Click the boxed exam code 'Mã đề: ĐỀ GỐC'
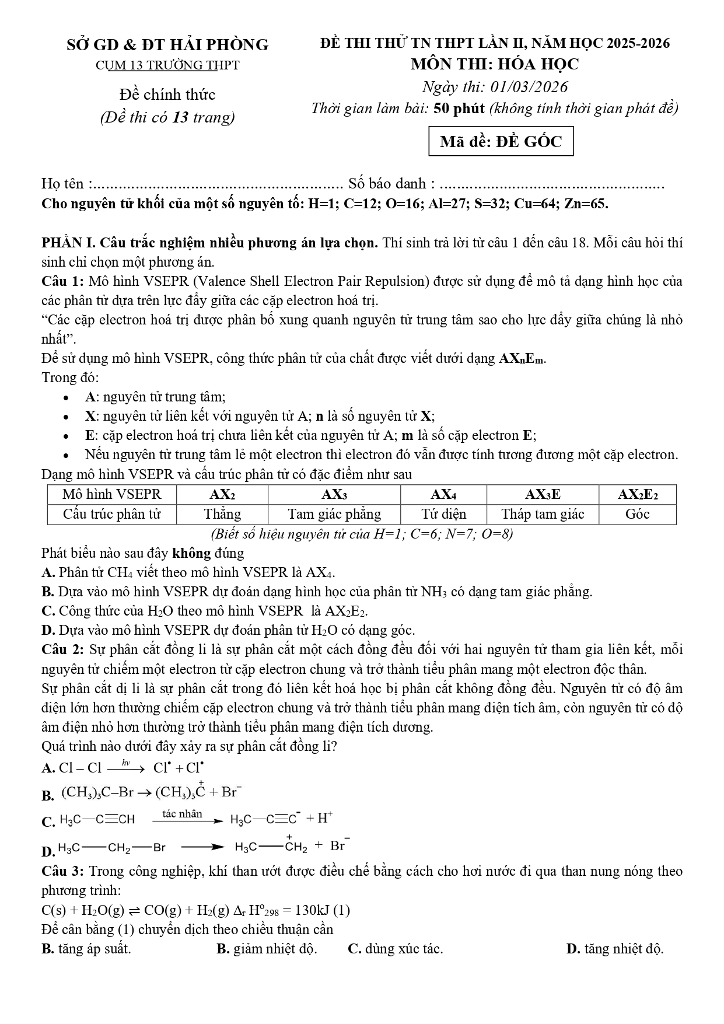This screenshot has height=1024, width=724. click(x=501, y=142)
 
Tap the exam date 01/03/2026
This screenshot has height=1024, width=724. click(x=529, y=87)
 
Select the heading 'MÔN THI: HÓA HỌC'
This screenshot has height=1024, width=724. click(x=495, y=64)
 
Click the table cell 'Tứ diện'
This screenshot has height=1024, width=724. click(x=443, y=514)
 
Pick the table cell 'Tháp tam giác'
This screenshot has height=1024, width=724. click(x=543, y=514)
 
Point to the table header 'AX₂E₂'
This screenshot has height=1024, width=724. click(x=638, y=495)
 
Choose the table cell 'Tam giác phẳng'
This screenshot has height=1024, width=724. click(x=334, y=514)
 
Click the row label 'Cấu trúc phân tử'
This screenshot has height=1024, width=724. click(x=111, y=514)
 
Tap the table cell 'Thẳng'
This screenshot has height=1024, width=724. click(x=222, y=514)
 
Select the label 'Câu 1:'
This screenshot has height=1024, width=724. click(x=63, y=281)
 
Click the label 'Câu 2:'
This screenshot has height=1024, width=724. click(x=63, y=649)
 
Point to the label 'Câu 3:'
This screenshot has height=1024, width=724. click(x=63, y=871)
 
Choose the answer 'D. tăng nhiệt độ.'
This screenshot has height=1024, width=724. click(x=615, y=949)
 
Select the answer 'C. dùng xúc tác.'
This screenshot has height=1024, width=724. click(x=395, y=949)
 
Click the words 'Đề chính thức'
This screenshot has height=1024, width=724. click(x=167, y=95)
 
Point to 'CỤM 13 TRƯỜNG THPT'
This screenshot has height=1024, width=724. click(x=167, y=65)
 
